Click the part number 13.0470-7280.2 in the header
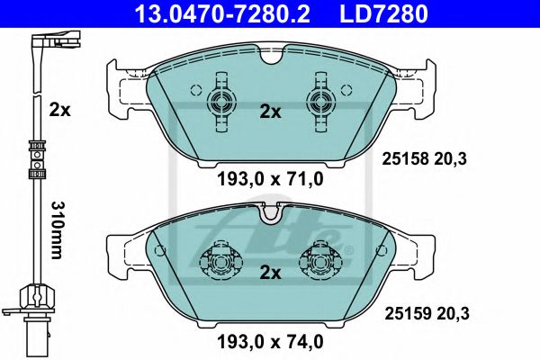coord(229,13)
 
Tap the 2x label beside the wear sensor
coord(60,110)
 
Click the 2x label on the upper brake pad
coord(270,112)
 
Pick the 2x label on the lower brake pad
coord(270,272)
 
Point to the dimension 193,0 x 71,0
coord(270,180)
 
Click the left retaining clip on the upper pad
coord(220,101)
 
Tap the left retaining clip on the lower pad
coord(220,260)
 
